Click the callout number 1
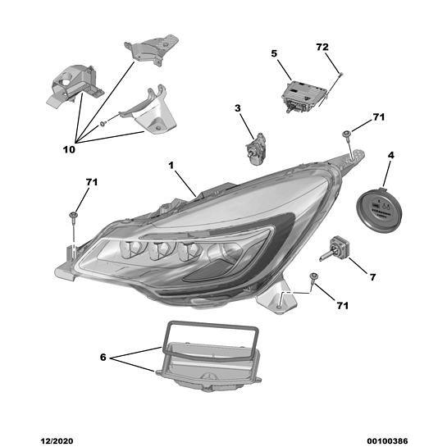[x=171, y=165]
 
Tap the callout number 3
[x=238, y=108]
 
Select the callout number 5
[x=274, y=53]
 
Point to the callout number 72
[x=322, y=47]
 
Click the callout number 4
[x=391, y=155]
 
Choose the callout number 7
[x=373, y=276]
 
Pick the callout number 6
[x=103, y=358]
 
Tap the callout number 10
[x=69, y=149]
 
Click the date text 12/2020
[x=57, y=441]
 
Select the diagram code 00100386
[x=387, y=441]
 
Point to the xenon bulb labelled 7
[x=335, y=249]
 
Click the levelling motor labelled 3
[x=256, y=148]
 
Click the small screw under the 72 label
[x=341, y=75]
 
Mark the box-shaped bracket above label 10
[x=74, y=84]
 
